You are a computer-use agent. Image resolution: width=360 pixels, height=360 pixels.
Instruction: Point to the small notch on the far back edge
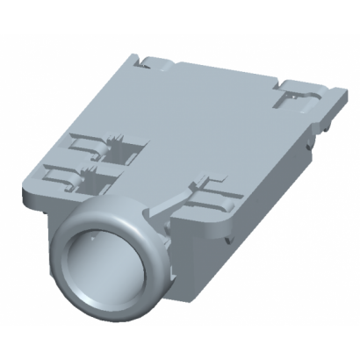click(x=144, y=61)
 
